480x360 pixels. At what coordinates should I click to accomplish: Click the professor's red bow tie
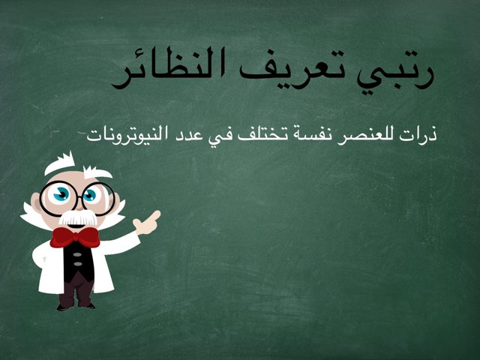[74, 237]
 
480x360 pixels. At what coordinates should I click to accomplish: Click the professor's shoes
[76, 303]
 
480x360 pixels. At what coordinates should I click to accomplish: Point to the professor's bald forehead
[75, 171]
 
